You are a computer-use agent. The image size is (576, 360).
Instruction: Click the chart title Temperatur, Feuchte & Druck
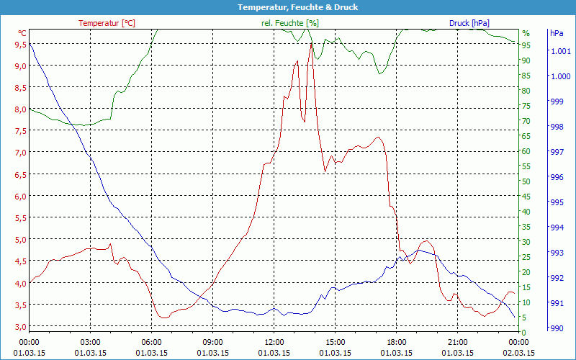click(x=287, y=7)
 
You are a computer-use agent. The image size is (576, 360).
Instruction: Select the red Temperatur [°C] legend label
click(x=107, y=23)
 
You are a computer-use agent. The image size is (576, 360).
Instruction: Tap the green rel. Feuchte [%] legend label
click(x=290, y=23)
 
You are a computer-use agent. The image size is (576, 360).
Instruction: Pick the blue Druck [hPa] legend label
click(x=474, y=23)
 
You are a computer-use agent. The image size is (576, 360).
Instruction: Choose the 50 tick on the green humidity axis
click(x=526, y=181)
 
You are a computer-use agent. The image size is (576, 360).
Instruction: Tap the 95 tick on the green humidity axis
click(x=526, y=45)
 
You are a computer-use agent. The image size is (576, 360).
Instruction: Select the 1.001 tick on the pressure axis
click(x=560, y=51)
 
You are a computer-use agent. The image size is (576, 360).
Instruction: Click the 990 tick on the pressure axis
click(x=557, y=328)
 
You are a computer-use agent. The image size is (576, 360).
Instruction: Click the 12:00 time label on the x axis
click(x=274, y=342)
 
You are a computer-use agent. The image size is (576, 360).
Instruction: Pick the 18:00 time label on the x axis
click(x=397, y=342)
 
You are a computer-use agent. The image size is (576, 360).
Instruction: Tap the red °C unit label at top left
click(x=22, y=33)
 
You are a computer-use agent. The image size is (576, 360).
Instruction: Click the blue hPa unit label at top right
click(x=557, y=33)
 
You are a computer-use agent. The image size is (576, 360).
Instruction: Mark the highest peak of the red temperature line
click(x=311, y=43)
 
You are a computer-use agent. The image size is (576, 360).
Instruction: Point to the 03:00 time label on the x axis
click(x=91, y=342)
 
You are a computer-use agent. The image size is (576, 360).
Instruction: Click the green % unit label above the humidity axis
click(x=526, y=33)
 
